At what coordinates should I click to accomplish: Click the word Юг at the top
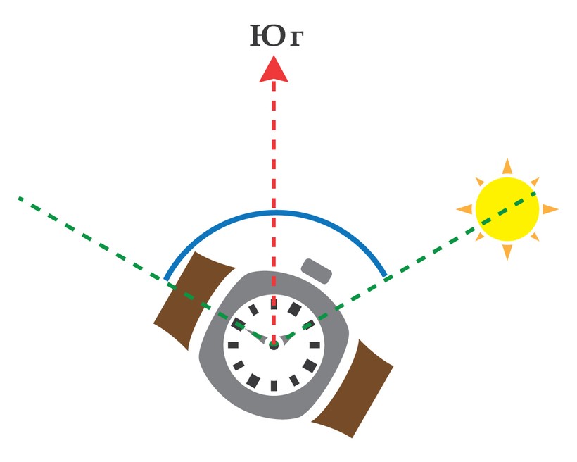277,36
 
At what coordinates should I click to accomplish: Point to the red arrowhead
274,69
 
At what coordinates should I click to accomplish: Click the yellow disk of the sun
507,209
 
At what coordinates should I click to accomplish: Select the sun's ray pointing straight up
507,167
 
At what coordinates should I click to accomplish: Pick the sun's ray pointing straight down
507,252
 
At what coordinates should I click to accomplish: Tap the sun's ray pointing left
464,209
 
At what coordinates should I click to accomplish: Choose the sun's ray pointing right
550,209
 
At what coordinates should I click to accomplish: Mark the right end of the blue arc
386,275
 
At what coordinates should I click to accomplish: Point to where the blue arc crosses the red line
274,212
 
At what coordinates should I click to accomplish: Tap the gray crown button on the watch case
317,271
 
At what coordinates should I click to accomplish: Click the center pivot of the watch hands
274,345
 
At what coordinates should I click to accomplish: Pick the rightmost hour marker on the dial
315,345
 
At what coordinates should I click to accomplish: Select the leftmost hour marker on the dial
234,345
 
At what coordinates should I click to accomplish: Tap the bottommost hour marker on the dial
274,386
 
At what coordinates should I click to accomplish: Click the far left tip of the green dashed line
19,199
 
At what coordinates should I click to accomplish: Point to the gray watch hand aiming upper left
255,334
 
